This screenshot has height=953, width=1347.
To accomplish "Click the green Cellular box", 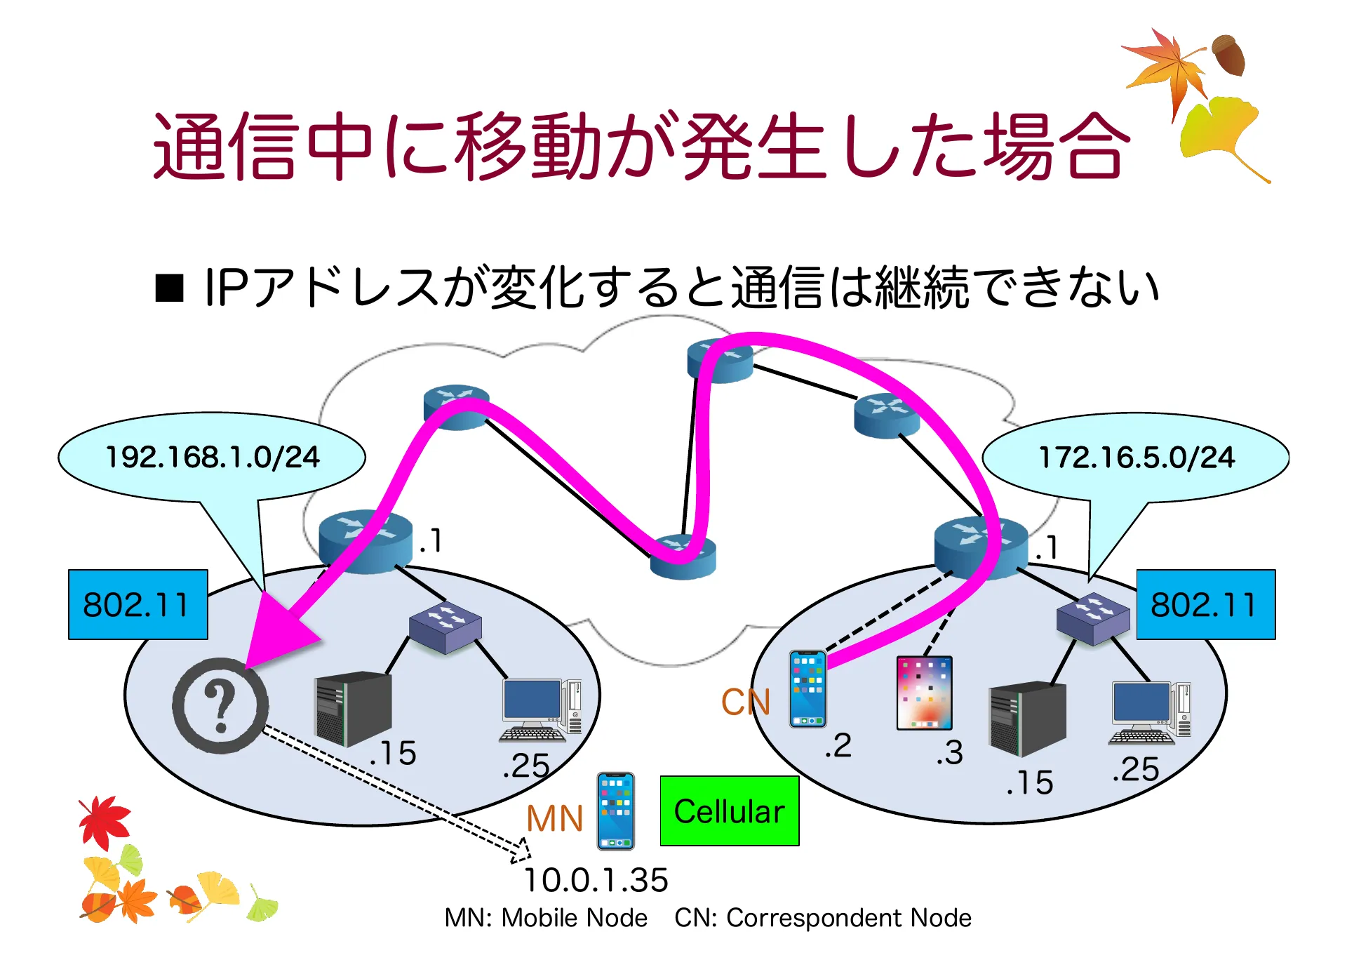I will pos(729,811).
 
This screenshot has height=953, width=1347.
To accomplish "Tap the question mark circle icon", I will pos(220,705).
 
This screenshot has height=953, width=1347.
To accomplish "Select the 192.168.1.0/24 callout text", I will pos(212,458).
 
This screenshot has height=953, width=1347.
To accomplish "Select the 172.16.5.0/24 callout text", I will pos(1136,458).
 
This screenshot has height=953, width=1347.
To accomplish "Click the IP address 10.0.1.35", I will pos(596,880).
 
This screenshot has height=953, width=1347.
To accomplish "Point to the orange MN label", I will pos(554,818).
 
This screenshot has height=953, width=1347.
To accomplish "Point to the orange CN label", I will pos(746,702).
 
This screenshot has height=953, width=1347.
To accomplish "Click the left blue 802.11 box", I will pos(138,604).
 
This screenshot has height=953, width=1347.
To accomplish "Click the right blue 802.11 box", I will pos(1205,604).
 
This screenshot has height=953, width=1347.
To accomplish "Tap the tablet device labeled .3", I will pos(924,693).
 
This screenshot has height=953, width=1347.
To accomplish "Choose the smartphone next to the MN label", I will pos(615,811).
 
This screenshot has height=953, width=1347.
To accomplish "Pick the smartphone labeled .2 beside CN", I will pos(807,689).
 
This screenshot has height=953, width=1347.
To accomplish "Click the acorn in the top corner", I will pos(1229,55).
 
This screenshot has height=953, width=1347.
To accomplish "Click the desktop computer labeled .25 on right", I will pos(1149,712).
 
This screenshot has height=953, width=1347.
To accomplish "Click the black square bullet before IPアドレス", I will pos(169,288).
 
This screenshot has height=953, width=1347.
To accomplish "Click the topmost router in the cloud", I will pos(719,361).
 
